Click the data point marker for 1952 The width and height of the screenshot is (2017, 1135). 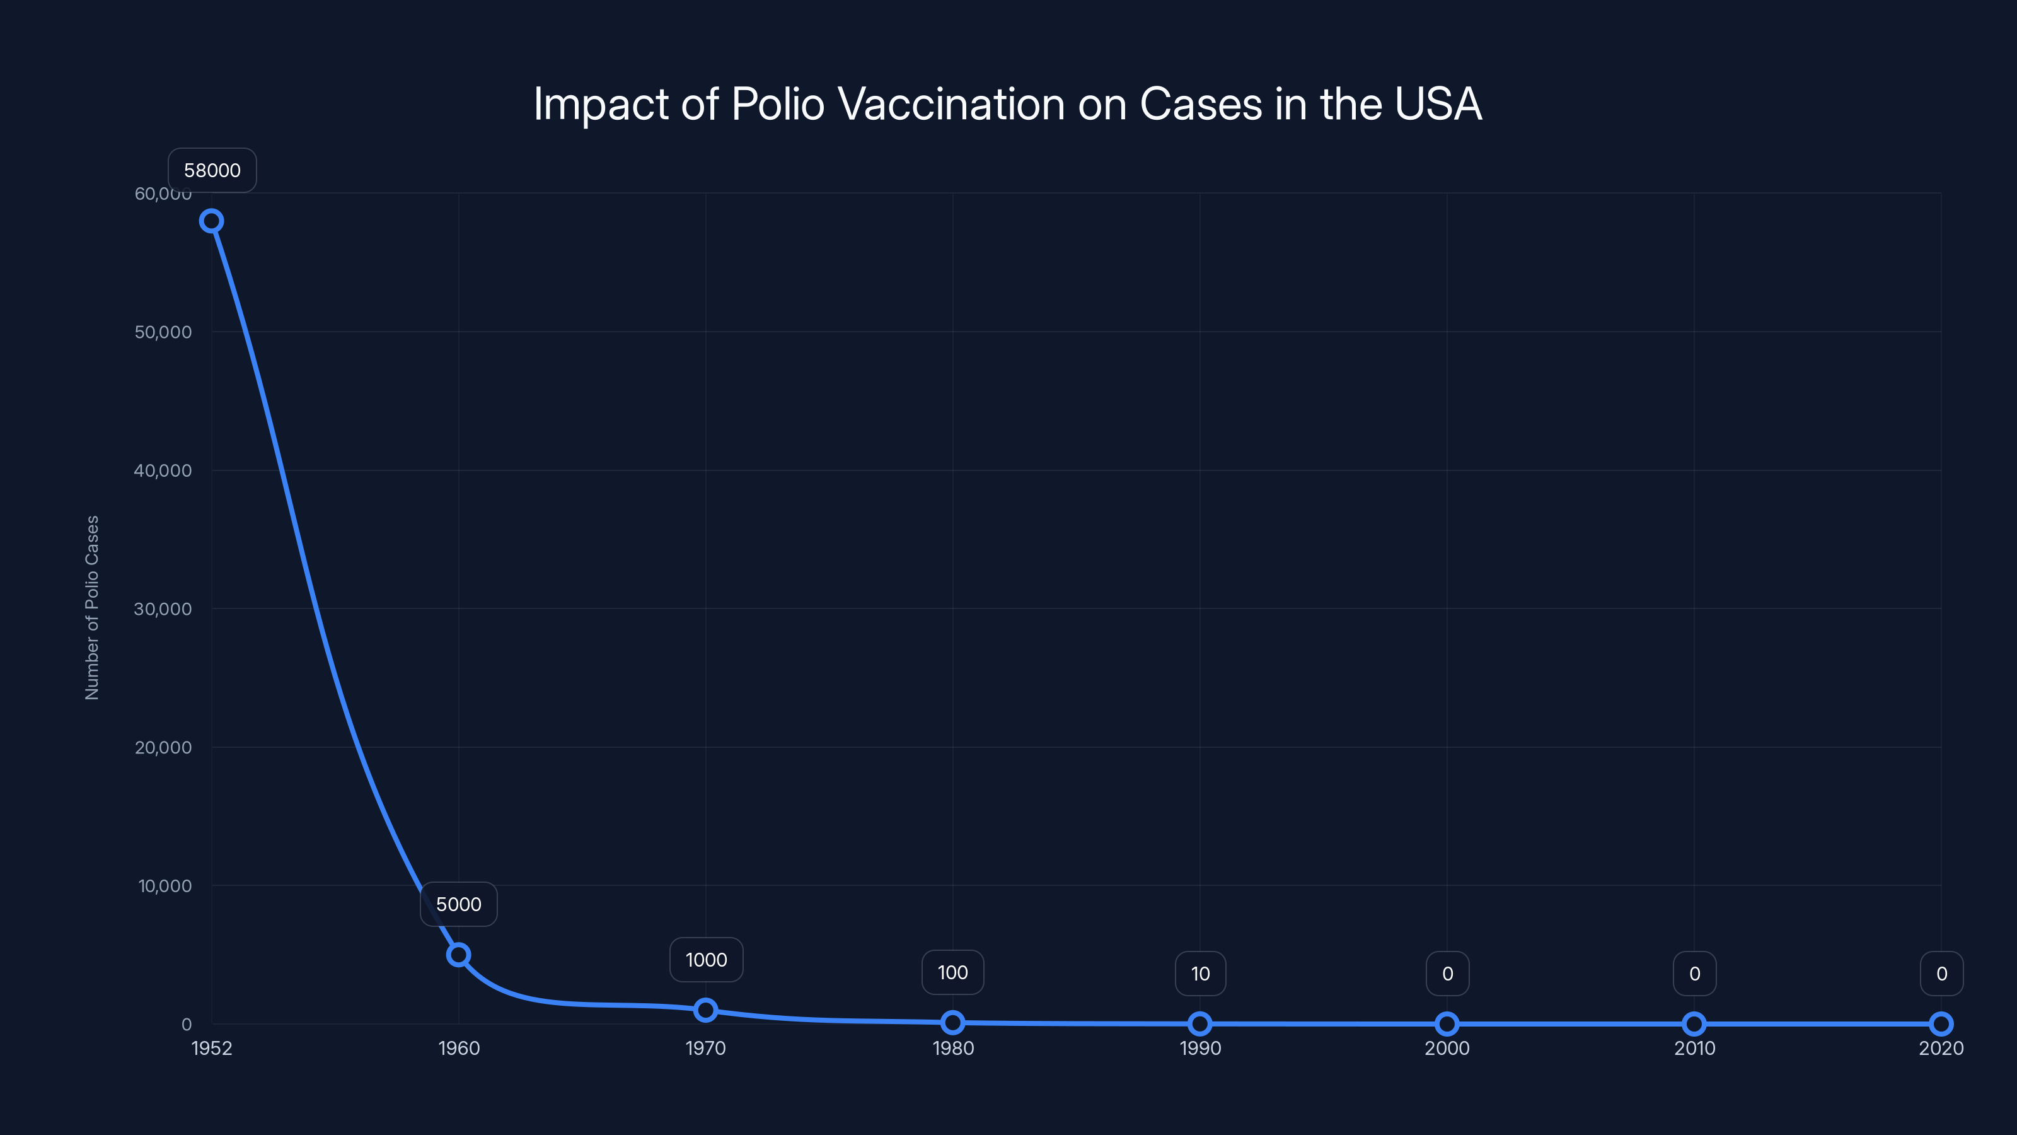pyautogui.click(x=211, y=221)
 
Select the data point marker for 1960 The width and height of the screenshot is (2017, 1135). pyautogui.click(x=458, y=954)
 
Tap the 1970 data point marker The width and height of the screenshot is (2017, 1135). pyautogui.click(x=705, y=1010)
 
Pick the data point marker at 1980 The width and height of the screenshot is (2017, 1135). pyautogui.click(x=952, y=1022)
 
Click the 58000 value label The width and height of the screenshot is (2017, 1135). pyautogui.click(x=212, y=171)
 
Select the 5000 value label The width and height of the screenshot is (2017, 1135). pyautogui.click(x=458, y=904)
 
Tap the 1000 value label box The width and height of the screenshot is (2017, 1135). pyautogui.click(x=705, y=960)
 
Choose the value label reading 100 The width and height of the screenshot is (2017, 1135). pyautogui.click(x=952, y=972)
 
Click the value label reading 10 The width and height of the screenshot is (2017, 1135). pyautogui.click(x=1199, y=974)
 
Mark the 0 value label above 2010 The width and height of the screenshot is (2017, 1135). pyautogui.click(x=1694, y=974)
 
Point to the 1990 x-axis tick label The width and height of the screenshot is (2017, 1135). pyautogui.click(x=1199, y=1048)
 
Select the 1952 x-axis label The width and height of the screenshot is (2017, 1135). pyautogui.click(x=211, y=1048)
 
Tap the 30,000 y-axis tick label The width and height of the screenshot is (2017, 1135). pyautogui.click(x=162, y=608)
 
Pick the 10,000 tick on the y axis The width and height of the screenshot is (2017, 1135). pyautogui.click(x=165, y=886)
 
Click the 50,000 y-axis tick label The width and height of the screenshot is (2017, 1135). pyautogui.click(x=162, y=332)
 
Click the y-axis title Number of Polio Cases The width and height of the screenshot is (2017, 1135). pyautogui.click(x=91, y=607)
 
